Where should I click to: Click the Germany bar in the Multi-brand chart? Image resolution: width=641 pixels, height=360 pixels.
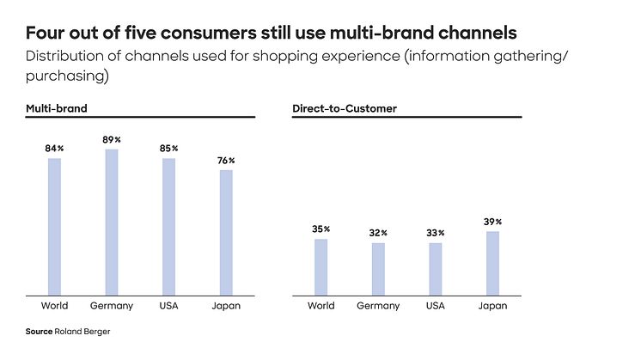[x=112, y=223]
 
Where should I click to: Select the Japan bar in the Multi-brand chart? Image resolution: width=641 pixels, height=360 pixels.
[x=226, y=233]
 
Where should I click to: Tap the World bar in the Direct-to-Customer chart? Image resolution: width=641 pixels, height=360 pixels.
[x=320, y=267]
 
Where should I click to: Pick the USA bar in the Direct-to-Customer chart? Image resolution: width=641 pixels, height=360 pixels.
[x=436, y=269]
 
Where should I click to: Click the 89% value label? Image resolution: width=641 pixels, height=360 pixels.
[x=112, y=140]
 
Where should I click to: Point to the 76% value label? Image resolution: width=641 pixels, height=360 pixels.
[x=226, y=161]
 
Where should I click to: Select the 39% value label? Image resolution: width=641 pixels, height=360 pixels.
[x=492, y=222]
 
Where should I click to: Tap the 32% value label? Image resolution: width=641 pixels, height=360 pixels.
[x=378, y=233]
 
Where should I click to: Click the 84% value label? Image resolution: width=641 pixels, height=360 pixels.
[x=55, y=149]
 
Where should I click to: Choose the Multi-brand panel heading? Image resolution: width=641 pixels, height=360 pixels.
[x=57, y=109]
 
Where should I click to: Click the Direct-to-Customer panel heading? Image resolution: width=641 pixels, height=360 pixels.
[x=344, y=109]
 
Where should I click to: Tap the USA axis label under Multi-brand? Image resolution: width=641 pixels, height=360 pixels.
[x=169, y=306]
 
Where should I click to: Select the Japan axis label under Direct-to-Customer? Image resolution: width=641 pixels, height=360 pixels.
[x=492, y=306]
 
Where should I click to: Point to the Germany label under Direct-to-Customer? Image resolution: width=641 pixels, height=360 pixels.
[x=378, y=306]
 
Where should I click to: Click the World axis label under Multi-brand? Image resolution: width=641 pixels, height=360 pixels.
[x=55, y=306]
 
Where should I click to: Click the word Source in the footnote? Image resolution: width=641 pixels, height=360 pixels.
[x=40, y=331]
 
